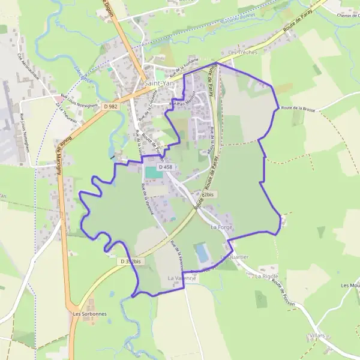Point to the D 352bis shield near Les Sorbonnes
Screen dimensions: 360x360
131,262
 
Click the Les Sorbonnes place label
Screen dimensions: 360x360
85,313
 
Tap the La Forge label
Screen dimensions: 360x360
221,228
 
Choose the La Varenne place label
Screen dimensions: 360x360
181,278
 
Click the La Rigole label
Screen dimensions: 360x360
266,277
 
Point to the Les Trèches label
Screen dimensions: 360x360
242,52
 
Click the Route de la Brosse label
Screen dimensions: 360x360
298,109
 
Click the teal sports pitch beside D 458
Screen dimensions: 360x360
154,172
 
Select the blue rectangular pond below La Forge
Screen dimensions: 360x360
203,253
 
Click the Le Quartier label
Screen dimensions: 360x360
234,257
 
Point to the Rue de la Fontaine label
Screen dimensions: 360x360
184,70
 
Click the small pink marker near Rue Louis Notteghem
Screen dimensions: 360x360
56,98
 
